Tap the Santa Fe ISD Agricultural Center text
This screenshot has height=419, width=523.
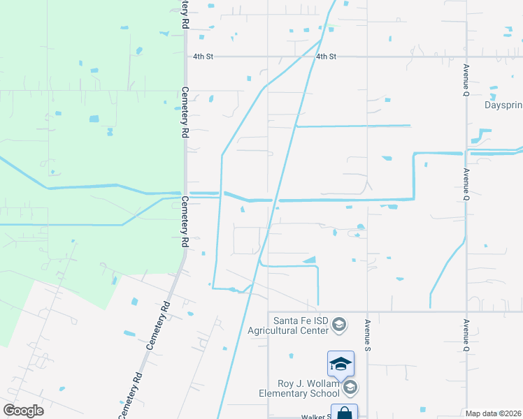coord(301,325)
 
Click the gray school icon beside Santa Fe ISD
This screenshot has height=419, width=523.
coord(339,325)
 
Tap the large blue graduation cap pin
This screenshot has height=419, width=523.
coord(341,363)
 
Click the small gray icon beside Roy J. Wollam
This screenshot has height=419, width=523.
coord(350,387)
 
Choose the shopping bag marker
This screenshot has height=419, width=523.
coord(345,413)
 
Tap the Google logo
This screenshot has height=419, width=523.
coord(23,411)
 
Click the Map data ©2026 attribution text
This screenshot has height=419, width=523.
coord(494,413)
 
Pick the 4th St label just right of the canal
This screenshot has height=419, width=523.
coord(326,56)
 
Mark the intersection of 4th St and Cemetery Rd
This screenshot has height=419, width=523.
coord(185,57)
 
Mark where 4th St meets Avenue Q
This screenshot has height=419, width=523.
coord(466,57)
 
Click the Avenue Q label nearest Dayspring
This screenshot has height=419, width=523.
coord(466,80)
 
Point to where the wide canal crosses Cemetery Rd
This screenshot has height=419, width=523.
coord(185,192)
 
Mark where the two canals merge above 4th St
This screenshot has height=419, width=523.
coord(320,40)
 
